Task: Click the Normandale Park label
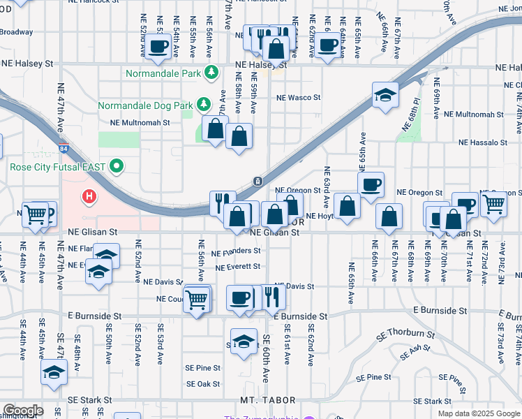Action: (x=163, y=73)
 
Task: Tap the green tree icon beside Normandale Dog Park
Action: (x=203, y=105)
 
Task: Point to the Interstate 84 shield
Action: (x=65, y=149)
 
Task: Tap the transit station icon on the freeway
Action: (x=258, y=182)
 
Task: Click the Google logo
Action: (x=23, y=411)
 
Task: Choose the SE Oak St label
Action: (x=203, y=384)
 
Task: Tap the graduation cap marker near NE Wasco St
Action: (x=385, y=95)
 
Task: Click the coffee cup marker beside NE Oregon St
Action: (x=371, y=184)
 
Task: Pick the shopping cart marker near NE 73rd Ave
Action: (x=493, y=205)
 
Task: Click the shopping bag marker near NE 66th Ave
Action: (x=389, y=217)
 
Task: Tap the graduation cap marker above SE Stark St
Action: (x=54, y=372)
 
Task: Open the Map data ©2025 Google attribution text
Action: (x=479, y=413)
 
